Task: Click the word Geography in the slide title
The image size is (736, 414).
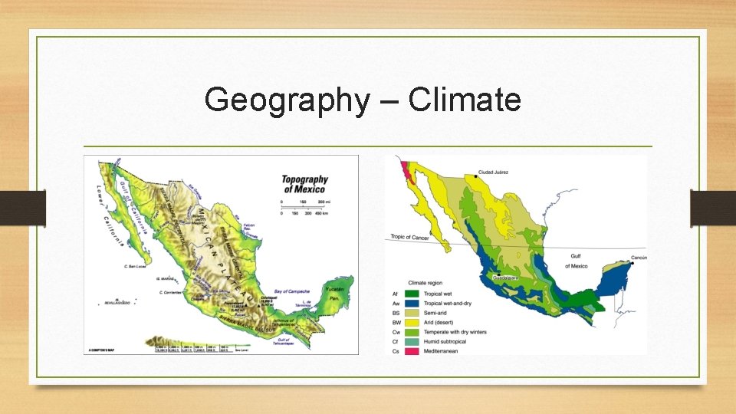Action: (x=286, y=100)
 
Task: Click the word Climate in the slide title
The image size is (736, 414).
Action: (x=465, y=100)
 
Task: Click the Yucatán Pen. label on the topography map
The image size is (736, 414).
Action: (x=335, y=292)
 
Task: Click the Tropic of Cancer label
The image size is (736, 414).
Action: (x=409, y=237)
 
